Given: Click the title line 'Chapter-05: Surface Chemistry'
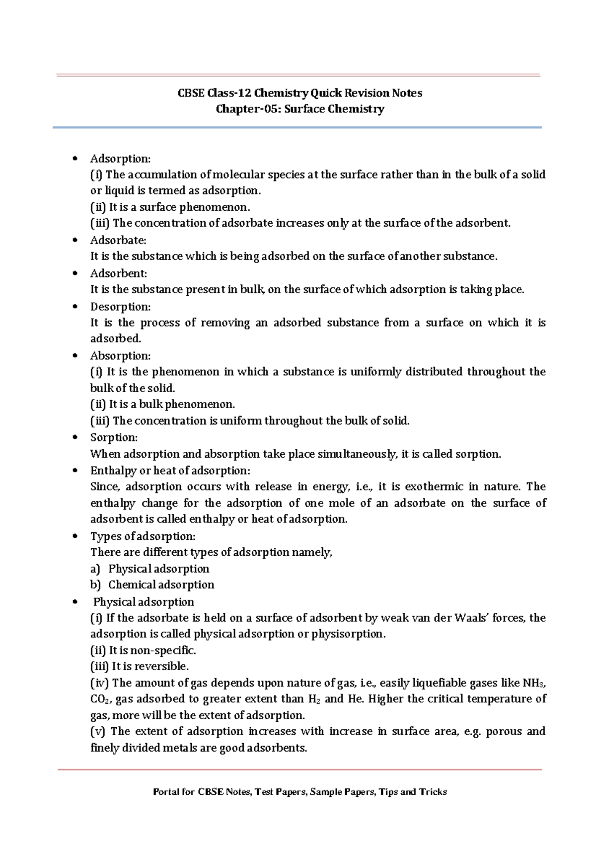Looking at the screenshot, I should click(299, 109).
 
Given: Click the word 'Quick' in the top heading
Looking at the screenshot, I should click(326, 93).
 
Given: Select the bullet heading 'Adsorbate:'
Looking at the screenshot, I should click(118, 240).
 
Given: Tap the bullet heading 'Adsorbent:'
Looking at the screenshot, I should click(118, 273).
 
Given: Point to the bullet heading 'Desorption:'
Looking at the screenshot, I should click(120, 306).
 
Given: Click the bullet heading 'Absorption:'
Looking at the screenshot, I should click(120, 355).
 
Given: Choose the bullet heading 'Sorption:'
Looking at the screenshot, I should click(114, 437).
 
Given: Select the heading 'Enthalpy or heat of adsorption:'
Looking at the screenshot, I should click(170, 470).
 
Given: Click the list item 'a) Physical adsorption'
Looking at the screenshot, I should click(149, 569).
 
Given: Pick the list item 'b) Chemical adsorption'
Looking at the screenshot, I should click(152, 585).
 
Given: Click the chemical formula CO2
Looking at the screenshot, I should click(101, 699).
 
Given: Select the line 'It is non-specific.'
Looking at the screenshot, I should click(143, 650).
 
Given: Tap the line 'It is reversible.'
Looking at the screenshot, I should click(140, 666).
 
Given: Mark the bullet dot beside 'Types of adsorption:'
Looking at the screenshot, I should click(75, 536).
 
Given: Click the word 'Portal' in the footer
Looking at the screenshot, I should click(166, 792).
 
